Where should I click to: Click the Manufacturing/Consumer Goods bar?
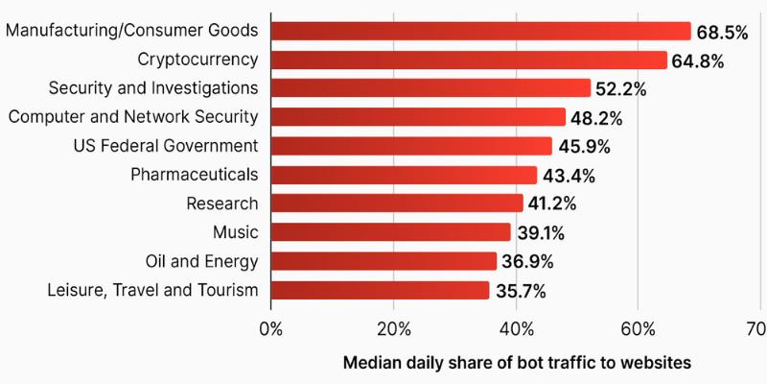click(x=479, y=32)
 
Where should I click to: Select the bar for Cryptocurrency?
click(x=468, y=60)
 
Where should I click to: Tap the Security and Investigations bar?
click(x=430, y=88)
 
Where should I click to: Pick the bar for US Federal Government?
click(x=411, y=146)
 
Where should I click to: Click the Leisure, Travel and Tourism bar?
click(x=380, y=290)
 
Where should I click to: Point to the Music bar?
click(x=390, y=232)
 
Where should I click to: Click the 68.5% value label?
click(x=722, y=33)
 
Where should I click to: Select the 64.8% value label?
click(x=697, y=61)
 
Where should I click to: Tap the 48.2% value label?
click(x=596, y=119)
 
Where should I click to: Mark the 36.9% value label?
click(x=527, y=262)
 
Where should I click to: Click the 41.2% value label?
click(x=554, y=204)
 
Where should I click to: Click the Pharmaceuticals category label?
click(x=195, y=175)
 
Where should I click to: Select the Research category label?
click(x=223, y=204)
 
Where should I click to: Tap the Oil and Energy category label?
click(x=201, y=261)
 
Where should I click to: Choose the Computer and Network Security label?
click(x=133, y=117)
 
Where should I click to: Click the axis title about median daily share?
click(x=517, y=364)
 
